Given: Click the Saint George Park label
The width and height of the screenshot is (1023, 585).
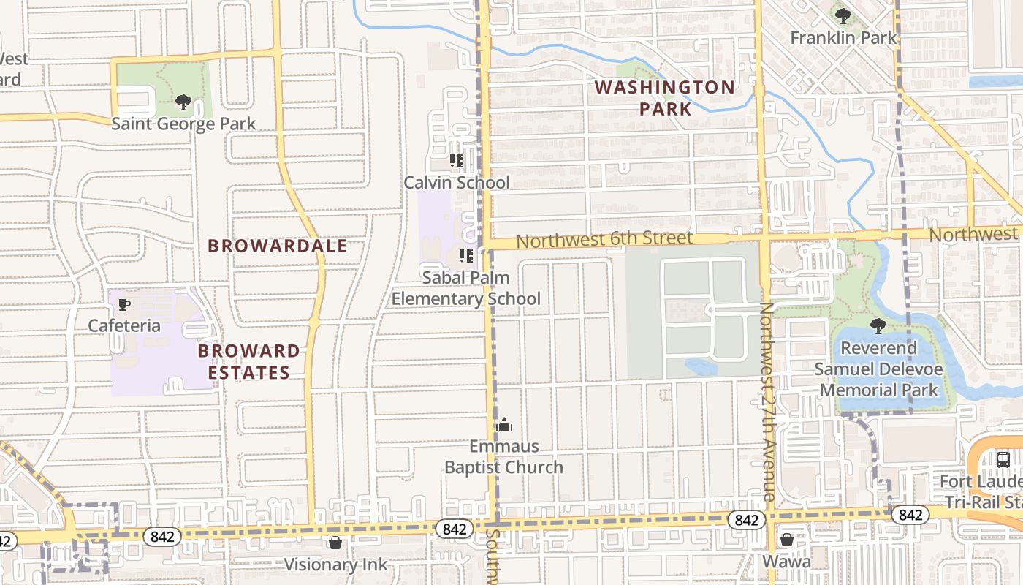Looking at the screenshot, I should point(183,124).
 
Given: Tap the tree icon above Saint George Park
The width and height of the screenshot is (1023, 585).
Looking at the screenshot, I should point(183,102).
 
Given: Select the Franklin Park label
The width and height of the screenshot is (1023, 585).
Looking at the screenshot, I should point(843,37).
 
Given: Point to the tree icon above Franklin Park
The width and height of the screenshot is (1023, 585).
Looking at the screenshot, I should point(843,15).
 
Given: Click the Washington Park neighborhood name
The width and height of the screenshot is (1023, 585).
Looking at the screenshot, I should point(665,98).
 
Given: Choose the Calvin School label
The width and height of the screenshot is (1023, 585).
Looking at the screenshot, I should point(457,182).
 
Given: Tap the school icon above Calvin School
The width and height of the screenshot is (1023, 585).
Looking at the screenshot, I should point(457,161).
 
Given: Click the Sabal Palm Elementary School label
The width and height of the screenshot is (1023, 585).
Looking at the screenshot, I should point(466,288).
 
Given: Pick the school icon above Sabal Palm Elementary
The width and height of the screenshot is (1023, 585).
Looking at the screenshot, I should point(465,256).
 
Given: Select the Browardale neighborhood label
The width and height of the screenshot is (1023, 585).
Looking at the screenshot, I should point(278,246).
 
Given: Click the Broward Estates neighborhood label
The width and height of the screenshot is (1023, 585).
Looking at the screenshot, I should point(249,361).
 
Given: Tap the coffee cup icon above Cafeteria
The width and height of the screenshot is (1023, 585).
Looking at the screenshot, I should point(124,304).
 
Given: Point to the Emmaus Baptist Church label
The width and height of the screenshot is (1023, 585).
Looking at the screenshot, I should point(504,456).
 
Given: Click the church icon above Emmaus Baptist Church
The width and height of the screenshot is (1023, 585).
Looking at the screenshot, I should point(504,425).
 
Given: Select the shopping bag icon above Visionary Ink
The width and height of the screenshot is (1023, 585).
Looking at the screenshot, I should point(335,543).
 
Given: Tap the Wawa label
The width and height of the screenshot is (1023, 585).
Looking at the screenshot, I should point(787,562).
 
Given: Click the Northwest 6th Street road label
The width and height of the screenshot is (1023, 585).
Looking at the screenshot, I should point(604,238).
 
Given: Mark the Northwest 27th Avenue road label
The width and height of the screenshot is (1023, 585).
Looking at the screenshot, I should point(767,402).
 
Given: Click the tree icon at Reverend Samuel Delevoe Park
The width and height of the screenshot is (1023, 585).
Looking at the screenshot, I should point(878,326).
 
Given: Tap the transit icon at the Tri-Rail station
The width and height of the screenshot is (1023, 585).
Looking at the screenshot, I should point(1003,460).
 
